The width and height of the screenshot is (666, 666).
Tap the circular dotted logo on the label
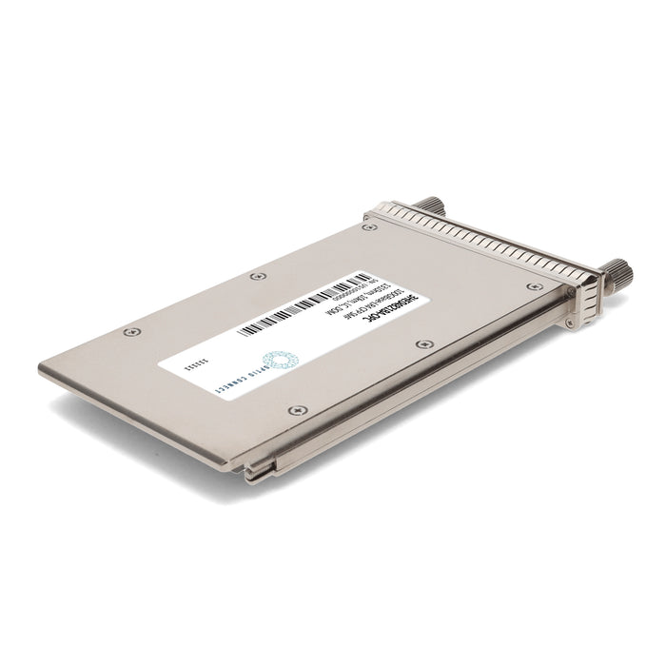(281, 360)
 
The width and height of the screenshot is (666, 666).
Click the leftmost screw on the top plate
(131, 331)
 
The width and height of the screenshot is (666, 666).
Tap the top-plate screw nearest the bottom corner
(299, 411)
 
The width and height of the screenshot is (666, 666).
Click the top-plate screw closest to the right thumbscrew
(535, 285)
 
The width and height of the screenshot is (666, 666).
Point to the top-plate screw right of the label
(424, 343)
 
